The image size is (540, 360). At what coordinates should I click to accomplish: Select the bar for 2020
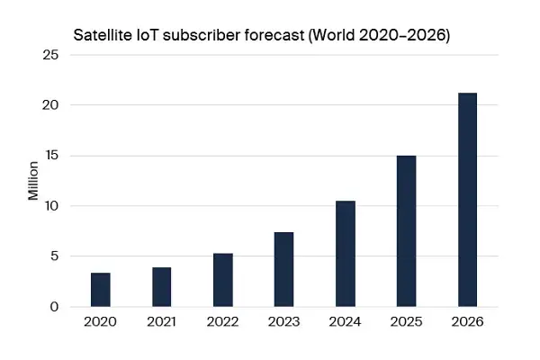pos(101,290)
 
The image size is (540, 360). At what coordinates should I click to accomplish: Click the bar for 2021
pos(162,287)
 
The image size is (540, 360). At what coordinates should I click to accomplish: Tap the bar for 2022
pos(223,280)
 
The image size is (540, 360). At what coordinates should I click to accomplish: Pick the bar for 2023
pos(284,269)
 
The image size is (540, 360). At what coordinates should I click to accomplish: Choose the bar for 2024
pos(346,254)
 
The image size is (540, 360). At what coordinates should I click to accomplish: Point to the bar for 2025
pos(407,231)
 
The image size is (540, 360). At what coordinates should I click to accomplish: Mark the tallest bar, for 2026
pos(468,200)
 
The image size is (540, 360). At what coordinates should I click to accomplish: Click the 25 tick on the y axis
pos(51,55)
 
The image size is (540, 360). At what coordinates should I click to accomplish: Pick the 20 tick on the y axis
pos(51,105)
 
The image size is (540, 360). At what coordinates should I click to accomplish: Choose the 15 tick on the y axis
pos(51,156)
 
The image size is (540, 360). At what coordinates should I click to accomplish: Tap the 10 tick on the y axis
pos(51,206)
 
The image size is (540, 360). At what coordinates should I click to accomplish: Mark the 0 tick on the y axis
pos(55,307)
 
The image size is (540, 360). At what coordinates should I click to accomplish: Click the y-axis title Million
pos(33,181)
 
